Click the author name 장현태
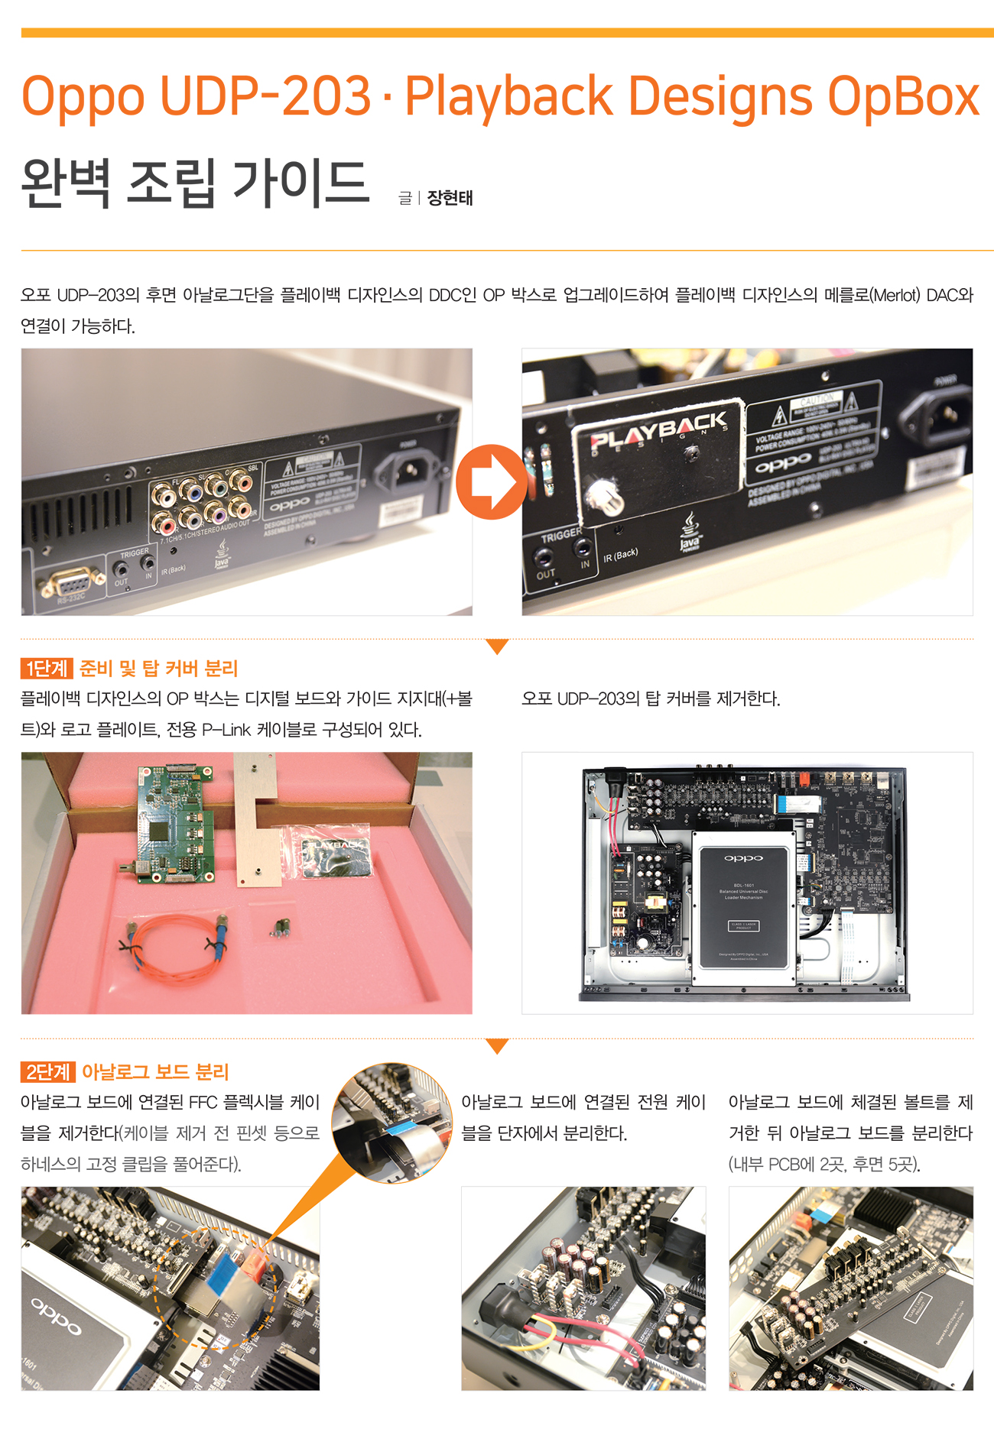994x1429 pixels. pyautogui.click(x=450, y=198)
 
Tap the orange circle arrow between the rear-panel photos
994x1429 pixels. pyautogui.click(x=491, y=482)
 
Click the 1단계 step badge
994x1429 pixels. pyautogui.click(x=46, y=669)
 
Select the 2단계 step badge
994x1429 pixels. pyautogui.click(x=47, y=1072)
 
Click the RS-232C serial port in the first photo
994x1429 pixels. pyautogui.click(x=72, y=585)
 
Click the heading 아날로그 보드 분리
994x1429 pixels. pyautogui.click(x=155, y=1072)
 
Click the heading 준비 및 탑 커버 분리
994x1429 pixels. pyautogui.click(x=159, y=669)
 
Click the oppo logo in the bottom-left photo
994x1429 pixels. pyautogui.click(x=57, y=1314)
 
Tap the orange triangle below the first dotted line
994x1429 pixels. pyautogui.click(x=497, y=647)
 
